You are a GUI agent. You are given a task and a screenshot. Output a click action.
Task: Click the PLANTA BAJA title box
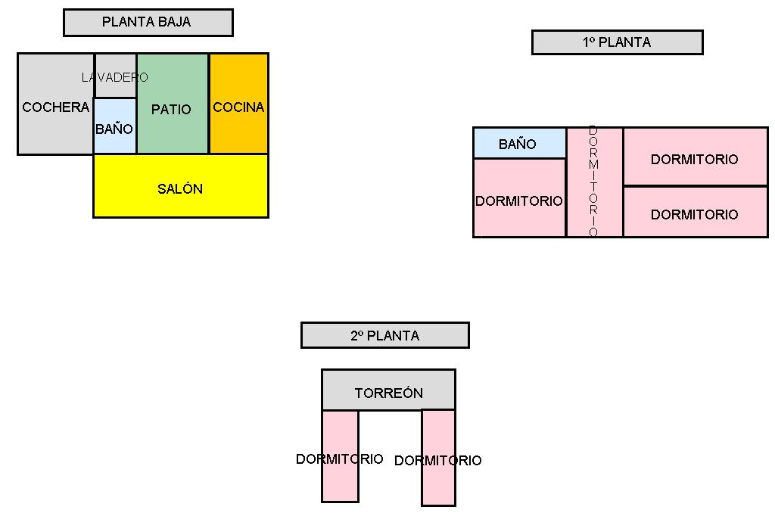click(148, 23)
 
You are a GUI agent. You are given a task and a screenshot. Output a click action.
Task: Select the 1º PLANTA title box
click(617, 42)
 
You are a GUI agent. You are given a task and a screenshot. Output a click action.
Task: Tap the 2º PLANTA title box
click(384, 335)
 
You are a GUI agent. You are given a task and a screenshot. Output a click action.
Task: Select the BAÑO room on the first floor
click(519, 144)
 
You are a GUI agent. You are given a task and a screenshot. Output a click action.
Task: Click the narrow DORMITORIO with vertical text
click(594, 182)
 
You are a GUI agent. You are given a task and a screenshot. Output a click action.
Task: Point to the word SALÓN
click(180, 189)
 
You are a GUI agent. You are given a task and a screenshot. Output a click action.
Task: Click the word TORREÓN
click(388, 393)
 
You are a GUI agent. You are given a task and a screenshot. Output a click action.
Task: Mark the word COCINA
click(238, 107)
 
